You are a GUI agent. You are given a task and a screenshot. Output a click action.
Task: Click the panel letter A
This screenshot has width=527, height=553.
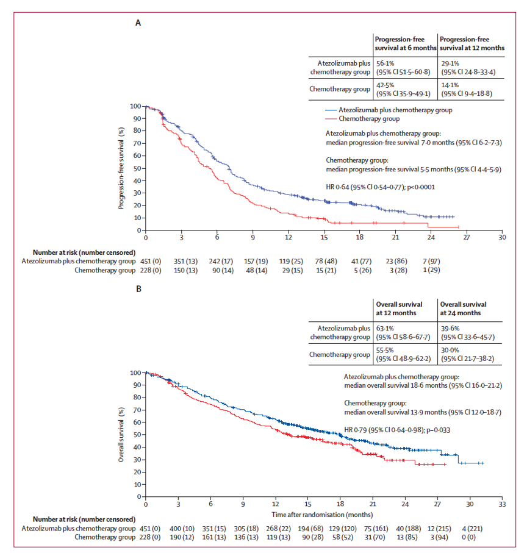tap(138, 23)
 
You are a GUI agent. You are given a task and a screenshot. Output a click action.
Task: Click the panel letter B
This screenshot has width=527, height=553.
tap(138, 289)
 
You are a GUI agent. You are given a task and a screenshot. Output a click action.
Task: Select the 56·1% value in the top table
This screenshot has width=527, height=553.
tap(385, 63)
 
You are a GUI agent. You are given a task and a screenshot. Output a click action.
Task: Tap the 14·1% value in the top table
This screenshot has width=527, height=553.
tap(450, 85)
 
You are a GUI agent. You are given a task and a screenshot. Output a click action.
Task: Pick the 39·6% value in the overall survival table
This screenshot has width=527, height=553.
tap(450, 329)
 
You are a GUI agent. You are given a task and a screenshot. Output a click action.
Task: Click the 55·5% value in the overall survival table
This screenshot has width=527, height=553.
tap(384, 350)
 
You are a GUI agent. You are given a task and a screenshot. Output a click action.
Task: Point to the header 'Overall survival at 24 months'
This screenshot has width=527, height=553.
tap(463, 309)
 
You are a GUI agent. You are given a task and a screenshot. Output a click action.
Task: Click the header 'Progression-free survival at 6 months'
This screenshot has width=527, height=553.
tap(406, 43)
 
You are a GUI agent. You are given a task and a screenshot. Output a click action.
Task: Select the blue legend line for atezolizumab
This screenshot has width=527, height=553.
tap(331, 110)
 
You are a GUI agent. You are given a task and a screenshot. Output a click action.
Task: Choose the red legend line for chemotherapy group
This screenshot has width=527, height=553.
tap(331, 119)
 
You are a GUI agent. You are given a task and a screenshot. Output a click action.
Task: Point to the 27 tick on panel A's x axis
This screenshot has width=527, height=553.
tap(467, 237)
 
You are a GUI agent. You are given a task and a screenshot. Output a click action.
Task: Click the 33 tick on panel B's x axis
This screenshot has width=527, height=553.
tap(502, 504)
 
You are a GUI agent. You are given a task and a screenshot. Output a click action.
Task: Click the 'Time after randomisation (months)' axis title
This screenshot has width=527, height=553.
tap(322, 515)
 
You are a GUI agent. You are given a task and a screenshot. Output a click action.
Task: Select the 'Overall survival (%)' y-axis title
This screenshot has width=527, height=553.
tap(121, 435)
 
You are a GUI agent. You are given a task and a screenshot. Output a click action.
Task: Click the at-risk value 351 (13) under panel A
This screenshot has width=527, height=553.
tap(185, 262)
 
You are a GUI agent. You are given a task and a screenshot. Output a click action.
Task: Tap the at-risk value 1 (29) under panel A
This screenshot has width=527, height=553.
tap(431, 270)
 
